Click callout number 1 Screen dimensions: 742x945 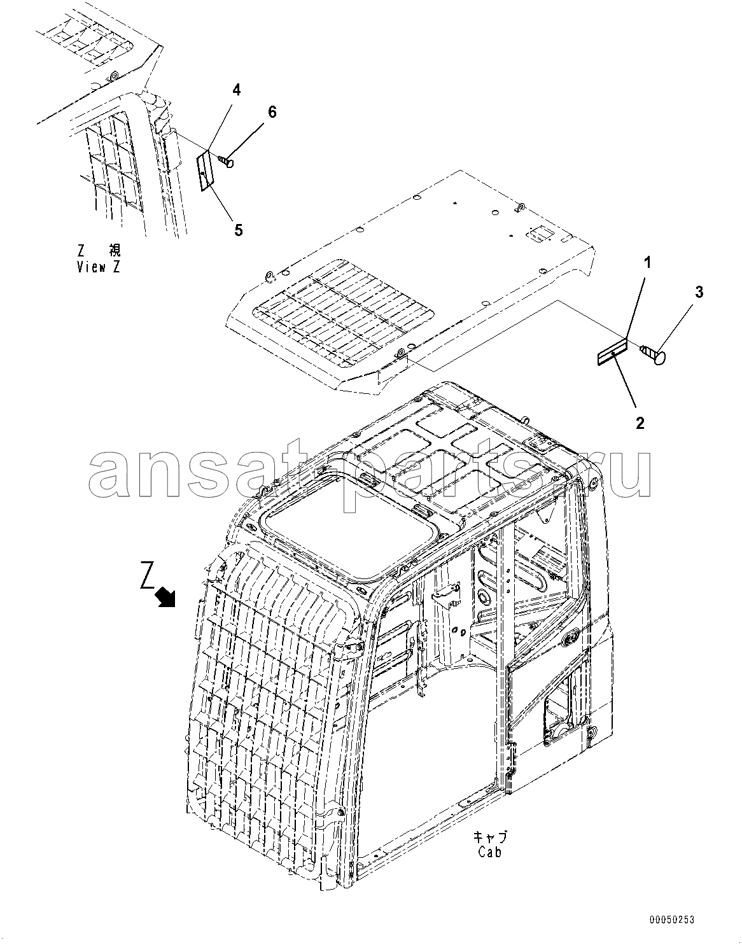[x=647, y=262]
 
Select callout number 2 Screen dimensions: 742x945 [x=640, y=423]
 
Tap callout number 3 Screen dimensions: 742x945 [x=699, y=292]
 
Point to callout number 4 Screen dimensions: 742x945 [x=236, y=90]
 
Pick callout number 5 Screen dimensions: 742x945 [x=239, y=230]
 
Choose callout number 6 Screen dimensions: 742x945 [x=272, y=112]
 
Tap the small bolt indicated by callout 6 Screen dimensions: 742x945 [x=227, y=162]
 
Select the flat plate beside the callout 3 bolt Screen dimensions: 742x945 [x=612, y=353]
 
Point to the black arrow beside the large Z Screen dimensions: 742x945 [x=165, y=597]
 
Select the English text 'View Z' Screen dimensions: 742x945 [x=99, y=267]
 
